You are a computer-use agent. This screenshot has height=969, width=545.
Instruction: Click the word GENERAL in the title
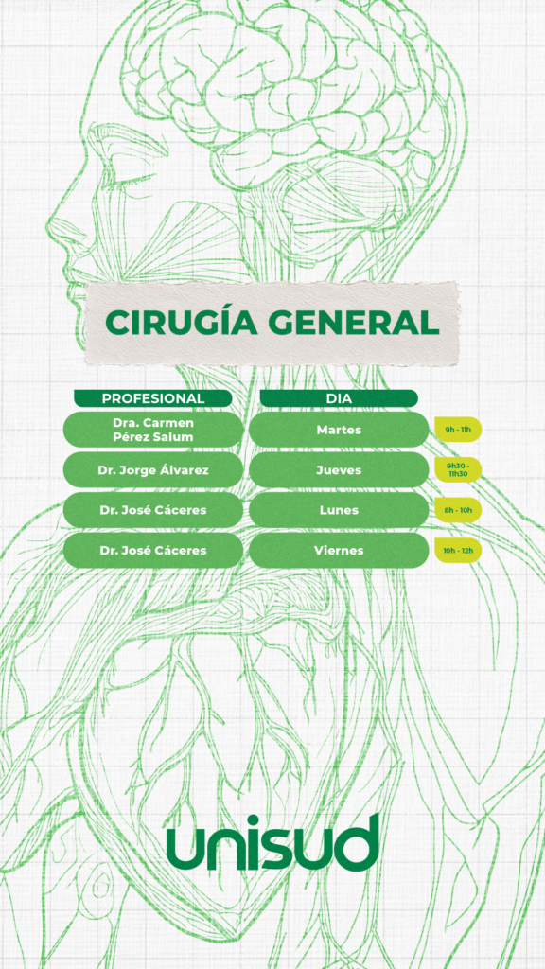[x=354, y=322]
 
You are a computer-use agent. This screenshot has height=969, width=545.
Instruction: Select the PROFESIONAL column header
[x=152, y=398]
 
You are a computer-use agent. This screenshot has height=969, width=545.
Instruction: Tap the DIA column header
[x=339, y=398]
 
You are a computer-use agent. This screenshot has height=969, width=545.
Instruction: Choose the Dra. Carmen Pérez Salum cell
[x=152, y=430]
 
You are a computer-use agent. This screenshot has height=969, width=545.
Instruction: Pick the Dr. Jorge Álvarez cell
[x=152, y=470]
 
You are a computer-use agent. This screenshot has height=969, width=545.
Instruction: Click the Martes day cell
[x=339, y=430]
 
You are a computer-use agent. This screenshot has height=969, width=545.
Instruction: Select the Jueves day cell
[x=339, y=470]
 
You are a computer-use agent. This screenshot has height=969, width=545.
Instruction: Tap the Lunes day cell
[x=339, y=510]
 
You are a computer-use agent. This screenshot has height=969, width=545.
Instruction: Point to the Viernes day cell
[x=339, y=550]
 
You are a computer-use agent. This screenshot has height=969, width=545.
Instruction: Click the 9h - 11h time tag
[x=458, y=429]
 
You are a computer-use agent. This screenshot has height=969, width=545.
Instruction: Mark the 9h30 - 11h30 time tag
[x=458, y=469]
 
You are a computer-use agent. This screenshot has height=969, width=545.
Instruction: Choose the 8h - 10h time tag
[x=458, y=510]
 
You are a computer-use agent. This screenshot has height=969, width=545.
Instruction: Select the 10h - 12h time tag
[x=458, y=550]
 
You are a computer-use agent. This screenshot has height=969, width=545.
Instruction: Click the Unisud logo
[x=272, y=842]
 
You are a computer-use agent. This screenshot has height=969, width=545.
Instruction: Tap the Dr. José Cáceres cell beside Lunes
[x=152, y=510]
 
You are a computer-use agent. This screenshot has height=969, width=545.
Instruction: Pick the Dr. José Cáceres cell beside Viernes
[x=152, y=550]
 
